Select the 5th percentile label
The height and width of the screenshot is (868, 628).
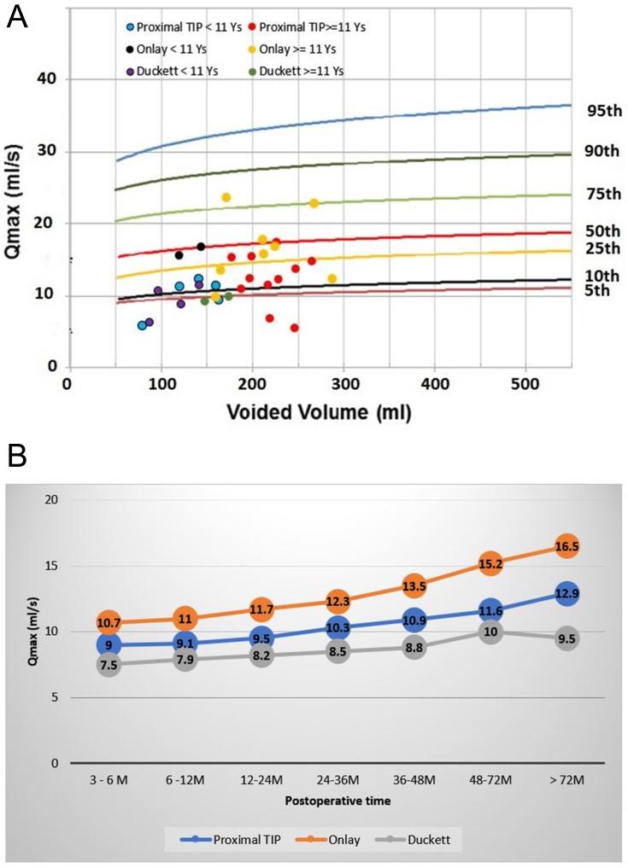(596, 290)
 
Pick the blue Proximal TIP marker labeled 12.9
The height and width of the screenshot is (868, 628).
(566, 593)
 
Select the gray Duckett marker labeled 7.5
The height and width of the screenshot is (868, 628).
(109, 665)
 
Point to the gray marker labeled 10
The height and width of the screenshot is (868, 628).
(490, 632)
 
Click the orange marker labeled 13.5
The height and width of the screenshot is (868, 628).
(414, 585)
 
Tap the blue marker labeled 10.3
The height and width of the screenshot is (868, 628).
(337, 627)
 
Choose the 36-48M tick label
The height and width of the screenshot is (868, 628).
(413, 781)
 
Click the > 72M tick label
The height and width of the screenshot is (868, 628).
(566, 781)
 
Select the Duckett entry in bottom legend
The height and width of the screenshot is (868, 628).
(431, 841)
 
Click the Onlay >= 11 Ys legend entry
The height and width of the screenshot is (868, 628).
(287, 49)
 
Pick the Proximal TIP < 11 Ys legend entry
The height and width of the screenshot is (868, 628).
(173, 27)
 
